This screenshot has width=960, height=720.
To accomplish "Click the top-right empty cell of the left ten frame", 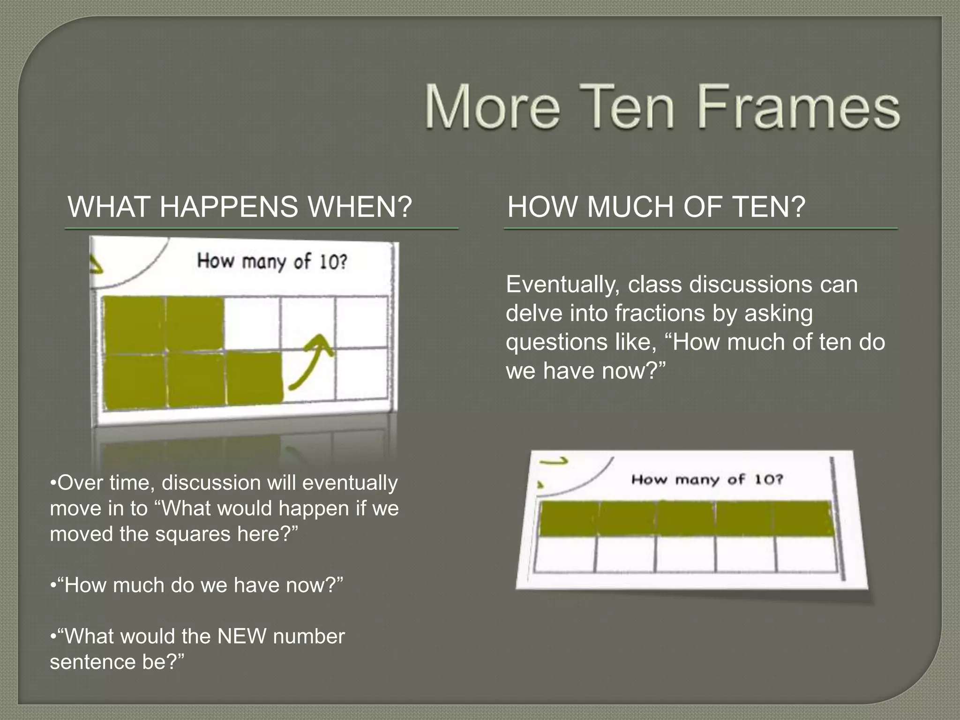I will tap(361, 322).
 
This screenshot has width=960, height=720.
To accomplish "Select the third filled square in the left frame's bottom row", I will tap(255, 379).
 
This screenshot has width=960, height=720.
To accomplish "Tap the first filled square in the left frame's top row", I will tap(135, 323).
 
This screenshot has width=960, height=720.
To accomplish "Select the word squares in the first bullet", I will tap(193, 534).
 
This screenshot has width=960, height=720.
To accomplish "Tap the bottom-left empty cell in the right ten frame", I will tap(565, 555).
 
